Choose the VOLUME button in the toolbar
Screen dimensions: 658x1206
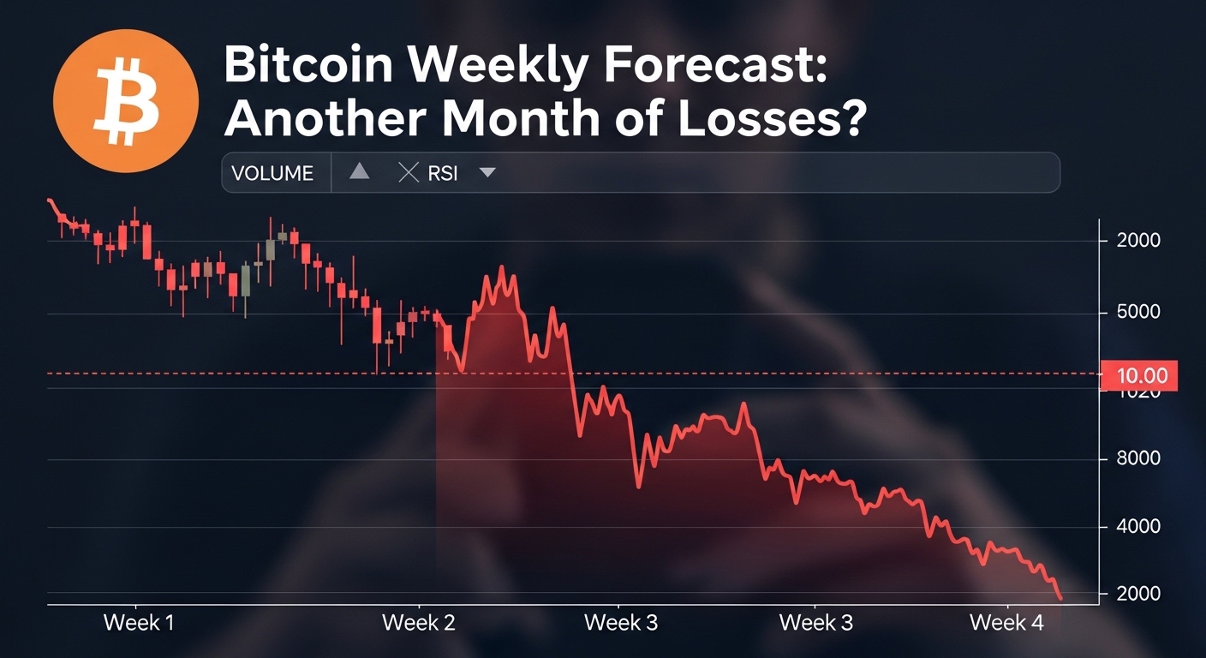click(x=272, y=173)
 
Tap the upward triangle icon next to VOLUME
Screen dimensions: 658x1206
click(x=360, y=172)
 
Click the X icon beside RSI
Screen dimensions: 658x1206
click(x=409, y=173)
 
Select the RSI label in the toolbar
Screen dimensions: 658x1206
click(x=443, y=173)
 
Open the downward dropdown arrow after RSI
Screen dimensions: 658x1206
click(x=487, y=173)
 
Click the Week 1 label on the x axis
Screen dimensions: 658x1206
click(x=139, y=623)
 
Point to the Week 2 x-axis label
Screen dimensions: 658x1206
click(x=418, y=623)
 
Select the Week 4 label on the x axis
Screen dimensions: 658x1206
click(x=1006, y=623)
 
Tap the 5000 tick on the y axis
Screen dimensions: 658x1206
click(x=1138, y=312)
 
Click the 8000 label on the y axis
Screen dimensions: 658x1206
click(x=1138, y=458)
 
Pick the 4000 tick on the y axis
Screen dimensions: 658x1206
click(x=1138, y=526)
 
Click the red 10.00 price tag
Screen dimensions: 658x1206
click(x=1143, y=375)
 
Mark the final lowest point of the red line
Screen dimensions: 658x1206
click(x=1061, y=598)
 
